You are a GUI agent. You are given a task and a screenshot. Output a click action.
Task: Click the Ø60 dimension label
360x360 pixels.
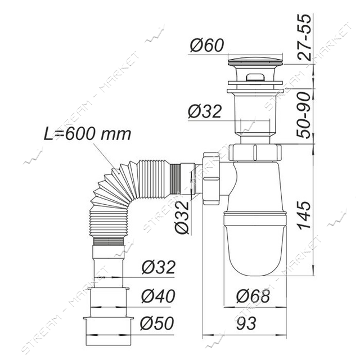tap(206, 45)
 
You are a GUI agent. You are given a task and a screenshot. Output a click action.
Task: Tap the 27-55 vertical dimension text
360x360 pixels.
tap(305, 37)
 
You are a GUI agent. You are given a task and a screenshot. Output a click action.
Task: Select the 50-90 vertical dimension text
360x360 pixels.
tap(304, 115)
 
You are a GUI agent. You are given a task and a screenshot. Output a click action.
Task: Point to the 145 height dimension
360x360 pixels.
tap(304, 215)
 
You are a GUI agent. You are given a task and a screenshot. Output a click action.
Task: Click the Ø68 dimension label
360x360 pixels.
tap(253, 296)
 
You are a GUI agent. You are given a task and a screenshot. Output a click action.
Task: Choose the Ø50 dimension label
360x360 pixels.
tap(157, 323)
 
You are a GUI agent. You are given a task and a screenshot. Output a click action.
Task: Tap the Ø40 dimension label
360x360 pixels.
tap(158, 296)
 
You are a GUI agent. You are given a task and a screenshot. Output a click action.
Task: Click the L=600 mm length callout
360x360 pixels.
tap(88, 134)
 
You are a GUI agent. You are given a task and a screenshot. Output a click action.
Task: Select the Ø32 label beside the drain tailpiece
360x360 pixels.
tap(205, 111)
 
